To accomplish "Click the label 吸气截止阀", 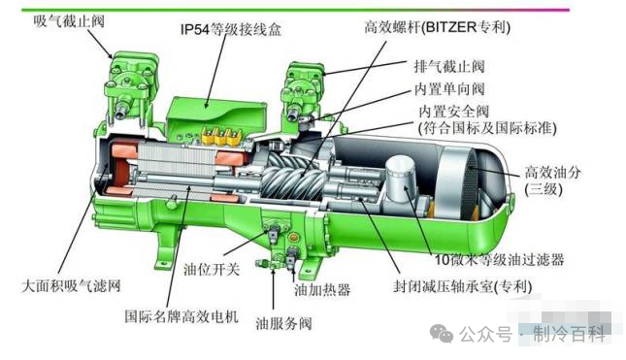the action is (x=69, y=20).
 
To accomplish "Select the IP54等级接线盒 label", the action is (x=231, y=29).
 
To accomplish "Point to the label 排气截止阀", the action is (x=449, y=66).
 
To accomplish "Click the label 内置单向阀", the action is (x=449, y=88).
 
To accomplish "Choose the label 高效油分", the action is (x=552, y=173).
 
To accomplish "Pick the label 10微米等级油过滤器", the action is (x=499, y=260).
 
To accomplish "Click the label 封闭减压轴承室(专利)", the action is (x=462, y=286).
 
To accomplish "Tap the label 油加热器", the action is (x=322, y=290).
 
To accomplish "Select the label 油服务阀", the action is (x=283, y=323).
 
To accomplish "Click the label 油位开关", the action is (x=212, y=270).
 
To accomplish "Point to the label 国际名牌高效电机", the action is (x=181, y=316).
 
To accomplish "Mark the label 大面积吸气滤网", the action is (x=71, y=285).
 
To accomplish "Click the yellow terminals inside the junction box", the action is (x=222, y=137).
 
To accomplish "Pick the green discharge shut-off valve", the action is (x=302, y=92).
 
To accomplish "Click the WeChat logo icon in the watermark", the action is (x=442, y=333).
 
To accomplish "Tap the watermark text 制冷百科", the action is (x=570, y=334).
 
